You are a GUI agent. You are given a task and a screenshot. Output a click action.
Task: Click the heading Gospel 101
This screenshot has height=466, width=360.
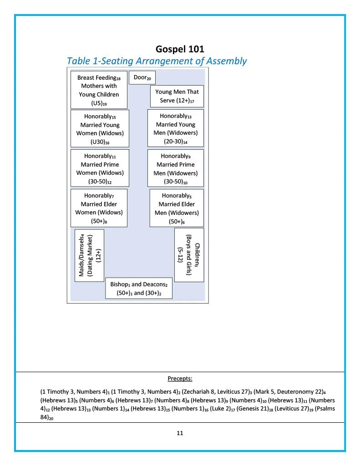coord(180,49)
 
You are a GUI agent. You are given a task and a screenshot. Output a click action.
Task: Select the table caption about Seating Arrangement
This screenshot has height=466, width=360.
coord(157,61)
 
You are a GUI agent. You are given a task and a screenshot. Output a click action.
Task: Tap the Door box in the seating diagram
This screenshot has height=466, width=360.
coord(142,78)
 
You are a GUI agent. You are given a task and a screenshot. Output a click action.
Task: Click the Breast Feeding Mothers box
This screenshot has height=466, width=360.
coord(99,90)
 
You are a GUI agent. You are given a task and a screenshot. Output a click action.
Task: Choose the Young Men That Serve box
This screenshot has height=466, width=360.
coord(177,96)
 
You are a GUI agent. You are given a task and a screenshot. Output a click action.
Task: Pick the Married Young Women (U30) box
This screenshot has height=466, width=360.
coord(100,129)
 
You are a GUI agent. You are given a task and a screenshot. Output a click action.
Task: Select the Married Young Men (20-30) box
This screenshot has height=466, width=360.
coord(175,128)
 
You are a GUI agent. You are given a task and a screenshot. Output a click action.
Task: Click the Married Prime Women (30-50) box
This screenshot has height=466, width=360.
coord(100,168)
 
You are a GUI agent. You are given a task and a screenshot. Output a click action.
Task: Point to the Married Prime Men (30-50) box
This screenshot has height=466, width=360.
coord(175,168)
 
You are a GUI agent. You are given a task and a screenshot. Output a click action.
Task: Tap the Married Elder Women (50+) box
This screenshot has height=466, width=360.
coord(99,208)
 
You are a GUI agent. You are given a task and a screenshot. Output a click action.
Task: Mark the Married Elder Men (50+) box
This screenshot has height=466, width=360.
coord(176,208)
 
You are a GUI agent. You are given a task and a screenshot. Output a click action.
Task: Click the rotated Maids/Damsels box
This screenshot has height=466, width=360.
coord(89,255)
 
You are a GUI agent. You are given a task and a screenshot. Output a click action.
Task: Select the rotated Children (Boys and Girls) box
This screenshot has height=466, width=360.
coord(189,255)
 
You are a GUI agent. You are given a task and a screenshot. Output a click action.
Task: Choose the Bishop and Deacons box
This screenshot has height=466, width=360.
coord(139,289)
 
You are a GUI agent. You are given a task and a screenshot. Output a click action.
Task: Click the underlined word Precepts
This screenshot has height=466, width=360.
coord(180,379)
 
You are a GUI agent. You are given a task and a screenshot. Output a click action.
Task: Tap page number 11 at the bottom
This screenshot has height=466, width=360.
coord(180,433)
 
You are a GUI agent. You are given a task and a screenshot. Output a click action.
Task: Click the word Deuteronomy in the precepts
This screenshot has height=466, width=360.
coord(300,391)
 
